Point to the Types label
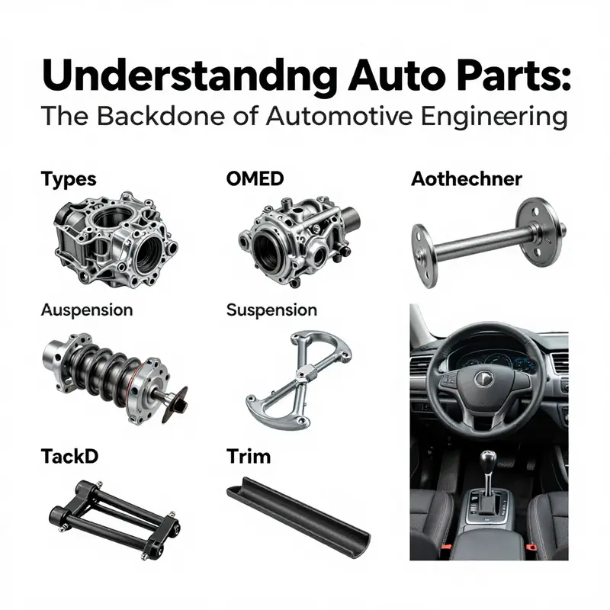coord(68,179)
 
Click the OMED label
coord(255,179)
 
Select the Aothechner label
coord(466,179)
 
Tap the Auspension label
coord(86,310)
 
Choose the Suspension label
coord(271,310)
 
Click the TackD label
coord(70,457)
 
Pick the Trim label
coord(249,457)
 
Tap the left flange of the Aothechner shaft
coord(423,255)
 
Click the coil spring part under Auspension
coord(107,371)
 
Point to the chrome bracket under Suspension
coord(297,374)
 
